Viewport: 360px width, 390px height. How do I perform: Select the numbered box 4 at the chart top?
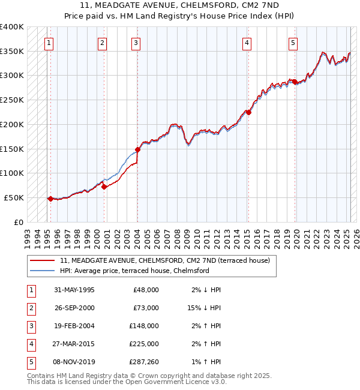[x=247, y=43]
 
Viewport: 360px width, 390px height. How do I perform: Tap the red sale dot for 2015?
[x=248, y=112]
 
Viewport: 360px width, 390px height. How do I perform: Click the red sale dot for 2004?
[x=137, y=149]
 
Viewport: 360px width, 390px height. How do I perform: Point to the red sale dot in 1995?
[x=50, y=199]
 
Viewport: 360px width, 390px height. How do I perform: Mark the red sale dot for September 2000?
[x=104, y=187]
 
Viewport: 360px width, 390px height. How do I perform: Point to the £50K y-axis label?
[x=14, y=197]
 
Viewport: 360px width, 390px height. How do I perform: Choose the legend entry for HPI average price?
[x=134, y=271]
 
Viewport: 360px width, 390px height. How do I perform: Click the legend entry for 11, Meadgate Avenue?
[x=165, y=260]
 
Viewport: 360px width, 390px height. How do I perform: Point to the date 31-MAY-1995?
[x=74, y=289]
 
